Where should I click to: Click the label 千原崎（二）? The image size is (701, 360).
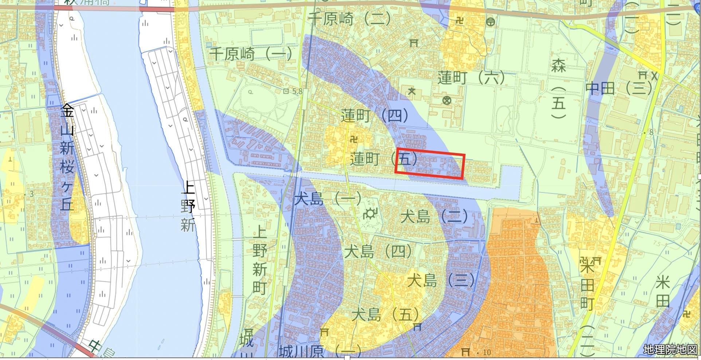pos(349,19)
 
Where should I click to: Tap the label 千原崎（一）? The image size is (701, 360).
pos(251,54)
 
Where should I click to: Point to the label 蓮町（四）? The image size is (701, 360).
pos(375,116)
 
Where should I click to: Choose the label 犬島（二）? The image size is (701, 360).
pos(434,217)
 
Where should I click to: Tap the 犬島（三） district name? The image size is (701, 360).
pos(441,281)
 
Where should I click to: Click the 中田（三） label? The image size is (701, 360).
pos(618,88)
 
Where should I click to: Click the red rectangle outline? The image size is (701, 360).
pos(430,166)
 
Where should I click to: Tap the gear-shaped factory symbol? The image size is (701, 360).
pos(371,213)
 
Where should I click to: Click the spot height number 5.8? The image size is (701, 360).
pos(297,91)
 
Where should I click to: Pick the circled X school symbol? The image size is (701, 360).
pos(446,100)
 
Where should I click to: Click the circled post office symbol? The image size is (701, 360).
pos(491,22)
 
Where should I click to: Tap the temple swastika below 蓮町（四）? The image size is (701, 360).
pos(353,139)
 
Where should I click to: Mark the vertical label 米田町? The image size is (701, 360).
pos(587,282)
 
